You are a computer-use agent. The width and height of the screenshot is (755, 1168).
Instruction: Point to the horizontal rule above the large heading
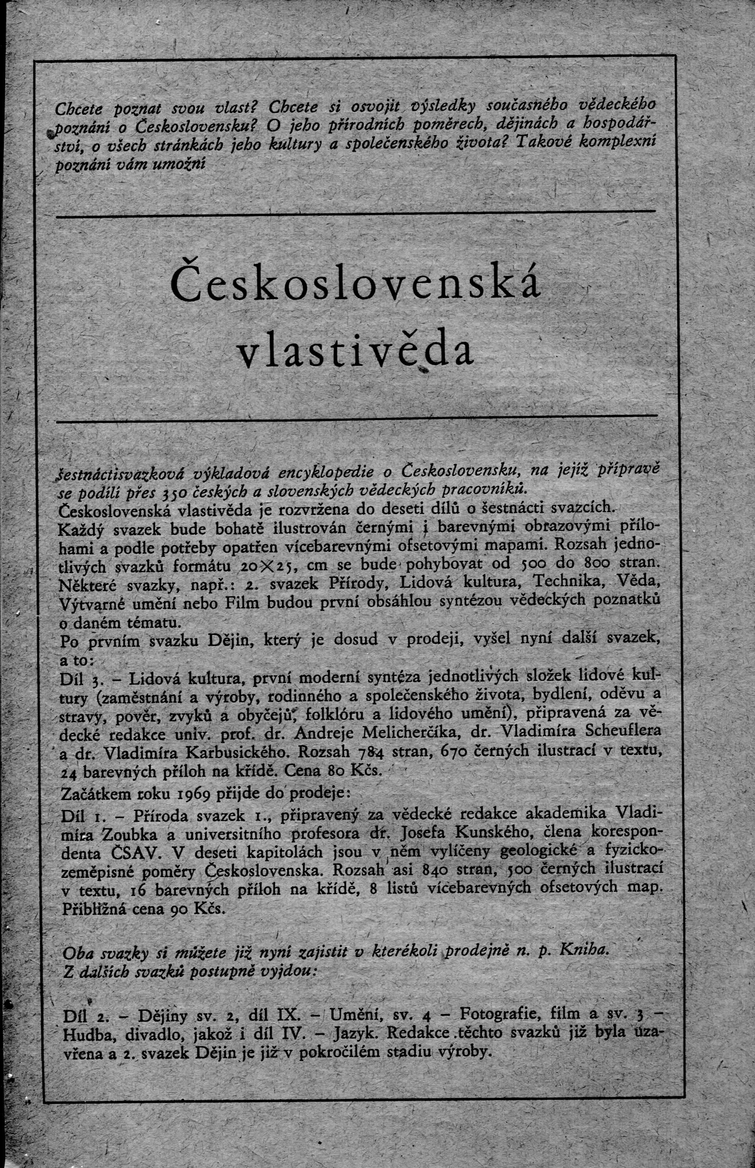click(355, 213)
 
